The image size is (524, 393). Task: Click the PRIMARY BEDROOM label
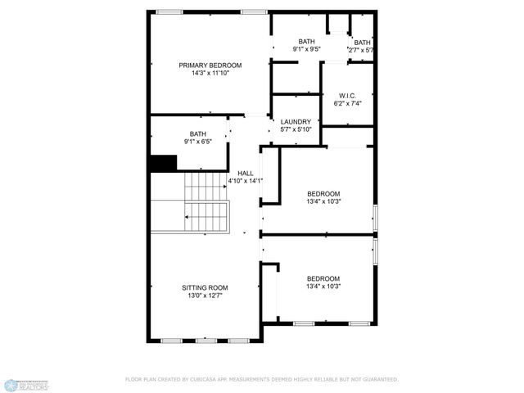pos(210,65)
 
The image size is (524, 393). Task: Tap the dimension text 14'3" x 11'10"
pos(210,73)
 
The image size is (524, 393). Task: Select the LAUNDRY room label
pos(296,122)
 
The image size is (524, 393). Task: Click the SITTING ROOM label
pos(205,287)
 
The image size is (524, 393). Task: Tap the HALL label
pos(246,174)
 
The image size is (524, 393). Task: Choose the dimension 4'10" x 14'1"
pos(246,182)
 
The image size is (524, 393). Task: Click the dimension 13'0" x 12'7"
pos(205,296)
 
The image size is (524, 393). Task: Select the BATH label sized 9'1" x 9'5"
pos(306,42)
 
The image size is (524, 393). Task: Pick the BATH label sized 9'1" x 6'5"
pos(198,134)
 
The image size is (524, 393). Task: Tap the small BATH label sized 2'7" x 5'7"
pos(362,43)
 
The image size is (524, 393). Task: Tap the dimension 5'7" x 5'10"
pos(296,129)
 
